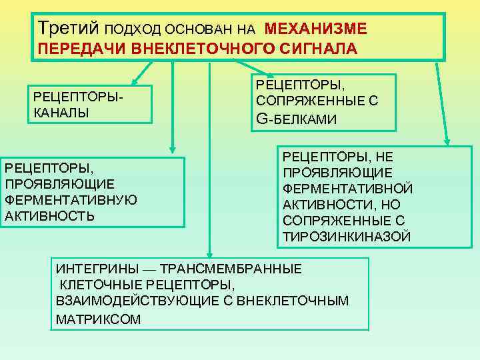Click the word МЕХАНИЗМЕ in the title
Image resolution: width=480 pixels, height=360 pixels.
[315, 29]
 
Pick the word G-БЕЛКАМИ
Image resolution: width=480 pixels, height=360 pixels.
[296, 119]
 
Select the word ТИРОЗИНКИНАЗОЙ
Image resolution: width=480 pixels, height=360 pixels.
[347, 237]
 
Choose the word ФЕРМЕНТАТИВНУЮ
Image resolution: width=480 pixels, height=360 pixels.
[71, 200]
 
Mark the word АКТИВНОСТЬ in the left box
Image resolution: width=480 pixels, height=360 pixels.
[49, 216]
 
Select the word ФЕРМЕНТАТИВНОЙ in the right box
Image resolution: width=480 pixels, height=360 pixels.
[348, 189]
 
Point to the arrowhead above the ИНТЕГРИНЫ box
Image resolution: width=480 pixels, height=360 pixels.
[210, 253]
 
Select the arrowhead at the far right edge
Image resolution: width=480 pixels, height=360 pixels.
[447, 142]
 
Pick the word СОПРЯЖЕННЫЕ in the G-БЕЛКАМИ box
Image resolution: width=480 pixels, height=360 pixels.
[317, 101]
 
